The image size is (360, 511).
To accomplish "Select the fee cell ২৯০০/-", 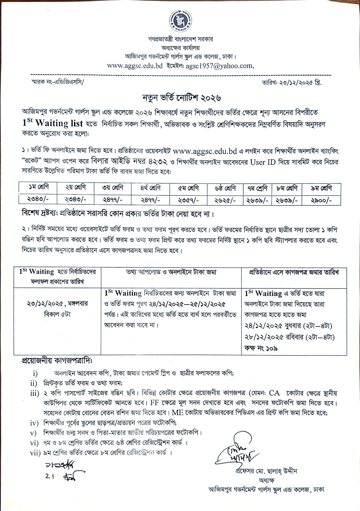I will (321, 200).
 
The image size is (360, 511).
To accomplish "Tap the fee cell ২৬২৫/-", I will (225, 200).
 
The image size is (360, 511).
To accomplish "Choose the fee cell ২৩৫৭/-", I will (188, 200).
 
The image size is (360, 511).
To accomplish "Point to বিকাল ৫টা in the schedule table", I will (57, 314).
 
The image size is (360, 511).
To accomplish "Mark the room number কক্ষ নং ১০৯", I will (261, 348).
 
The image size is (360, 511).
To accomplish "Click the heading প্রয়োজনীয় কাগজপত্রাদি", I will (57, 361).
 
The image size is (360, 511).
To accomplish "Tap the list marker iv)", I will (34, 423).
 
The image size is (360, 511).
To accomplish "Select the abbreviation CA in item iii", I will (274, 393).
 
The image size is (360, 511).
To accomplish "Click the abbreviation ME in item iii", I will (177, 412).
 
